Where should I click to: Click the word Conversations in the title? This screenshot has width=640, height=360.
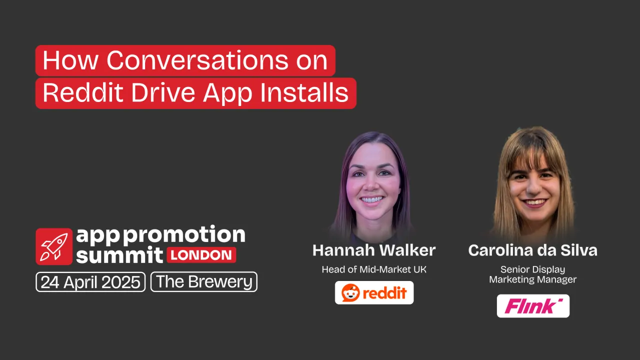pyautogui.click(x=198, y=61)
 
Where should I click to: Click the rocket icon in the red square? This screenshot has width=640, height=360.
pyautogui.click(x=54, y=246)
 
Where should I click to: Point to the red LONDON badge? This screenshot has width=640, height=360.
pyautogui.click(x=201, y=254)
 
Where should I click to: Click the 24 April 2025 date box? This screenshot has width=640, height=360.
pyautogui.click(x=91, y=281)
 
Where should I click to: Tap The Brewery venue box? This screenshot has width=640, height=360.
pyautogui.click(x=204, y=281)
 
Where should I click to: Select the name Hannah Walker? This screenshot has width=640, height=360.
pyautogui.click(x=374, y=250)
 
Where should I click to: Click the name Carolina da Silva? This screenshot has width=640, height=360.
pyautogui.click(x=532, y=250)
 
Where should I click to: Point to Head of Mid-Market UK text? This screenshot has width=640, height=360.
pyautogui.click(x=374, y=269)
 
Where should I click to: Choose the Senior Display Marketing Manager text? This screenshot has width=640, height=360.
pyautogui.click(x=532, y=274)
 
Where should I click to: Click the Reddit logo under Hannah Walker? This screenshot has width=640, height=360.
pyautogui.click(x=374, y=292)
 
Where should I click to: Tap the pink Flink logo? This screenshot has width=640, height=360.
pyautogui.click(x=533, y=306)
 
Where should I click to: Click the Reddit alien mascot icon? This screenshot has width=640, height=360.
pyautogui.click(x=351, y=292)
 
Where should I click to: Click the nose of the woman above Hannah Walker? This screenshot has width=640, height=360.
pyautogui.click(x=372, y=185)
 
